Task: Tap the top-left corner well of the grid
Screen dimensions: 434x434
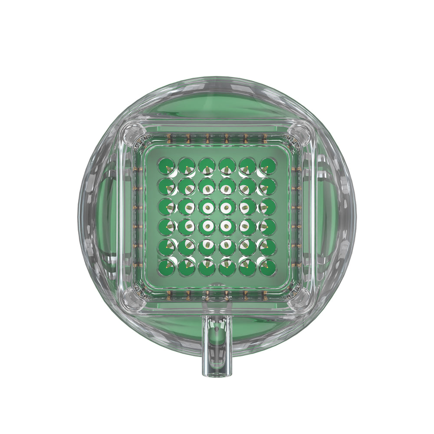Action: tap(166, 166)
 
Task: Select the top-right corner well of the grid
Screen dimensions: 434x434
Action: tap(268, 166)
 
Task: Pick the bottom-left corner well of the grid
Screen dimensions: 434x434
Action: tap(166, 267)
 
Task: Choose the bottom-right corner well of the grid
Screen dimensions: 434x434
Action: tap(268, 267)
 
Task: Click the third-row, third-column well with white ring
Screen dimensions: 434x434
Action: tap(207, 207)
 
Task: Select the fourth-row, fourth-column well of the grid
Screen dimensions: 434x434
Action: tap(227, 227)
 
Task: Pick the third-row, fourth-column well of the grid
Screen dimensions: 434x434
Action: tap(227, 207)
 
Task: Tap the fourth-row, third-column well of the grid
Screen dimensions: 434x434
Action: tap(207, 227)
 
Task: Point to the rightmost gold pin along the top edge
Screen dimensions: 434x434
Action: tap(265, 138)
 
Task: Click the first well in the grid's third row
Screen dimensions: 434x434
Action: tap(166, 207)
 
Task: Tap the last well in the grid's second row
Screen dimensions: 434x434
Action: tap(268, 186)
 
